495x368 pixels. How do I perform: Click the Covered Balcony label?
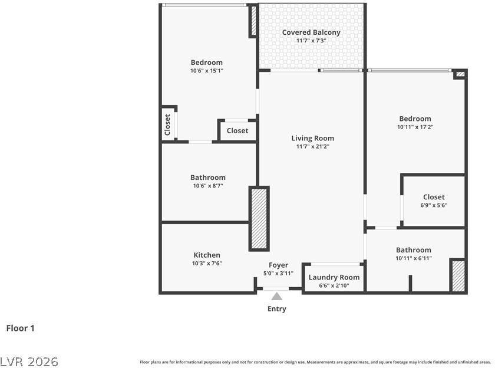pos(311,32)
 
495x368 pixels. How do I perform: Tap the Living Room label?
pos(312,139)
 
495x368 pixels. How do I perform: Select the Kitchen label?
pos(207,255)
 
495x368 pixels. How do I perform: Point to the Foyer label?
pos(278,265)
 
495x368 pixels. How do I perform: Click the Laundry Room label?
pos(334,277)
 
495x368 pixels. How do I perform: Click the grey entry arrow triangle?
pos(277,296)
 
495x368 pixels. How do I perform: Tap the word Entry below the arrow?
pos(277,308)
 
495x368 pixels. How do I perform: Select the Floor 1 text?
pos(20,328)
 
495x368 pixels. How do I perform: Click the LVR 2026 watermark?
pos(29,362)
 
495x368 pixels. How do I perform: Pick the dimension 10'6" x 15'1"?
pos(207,71)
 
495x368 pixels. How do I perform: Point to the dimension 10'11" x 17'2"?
pos(415,127)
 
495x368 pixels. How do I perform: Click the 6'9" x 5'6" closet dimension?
pos(434,205)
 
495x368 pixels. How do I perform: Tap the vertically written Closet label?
pos(167,125)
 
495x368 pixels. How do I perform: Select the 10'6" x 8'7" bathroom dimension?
pos(208,186)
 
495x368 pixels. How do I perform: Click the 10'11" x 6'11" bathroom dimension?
pos(414,258)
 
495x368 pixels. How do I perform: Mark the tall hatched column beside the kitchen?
pos(259,219)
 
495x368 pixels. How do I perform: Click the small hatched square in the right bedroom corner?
pos(461,74)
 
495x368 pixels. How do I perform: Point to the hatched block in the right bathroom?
pos(458,276)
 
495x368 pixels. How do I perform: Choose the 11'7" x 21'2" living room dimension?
pos(312,147)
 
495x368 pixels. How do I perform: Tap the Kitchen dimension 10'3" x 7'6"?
pos(207,263)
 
